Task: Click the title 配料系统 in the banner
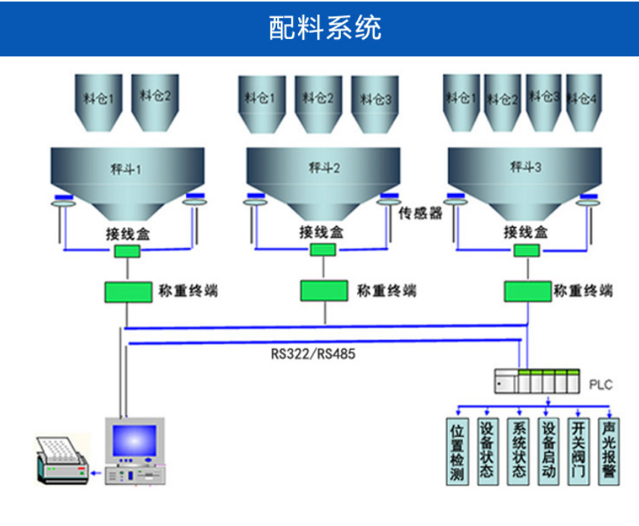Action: click(x=324, y=28)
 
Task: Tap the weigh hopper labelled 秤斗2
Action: click(x=324, y=176)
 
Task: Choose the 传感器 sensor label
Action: click(x=420, y=213)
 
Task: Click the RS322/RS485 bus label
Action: click(x=313, y=354)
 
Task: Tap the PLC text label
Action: click(x=601, y=385)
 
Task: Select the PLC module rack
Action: click(x=537, y=381)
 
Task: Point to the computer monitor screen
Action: click(x=134, y=441)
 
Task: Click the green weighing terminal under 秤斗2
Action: click(x=324, y=291)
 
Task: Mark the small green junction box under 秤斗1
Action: click(x=127, y=251)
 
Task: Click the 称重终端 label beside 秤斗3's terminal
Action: click(x=583, y=291)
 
